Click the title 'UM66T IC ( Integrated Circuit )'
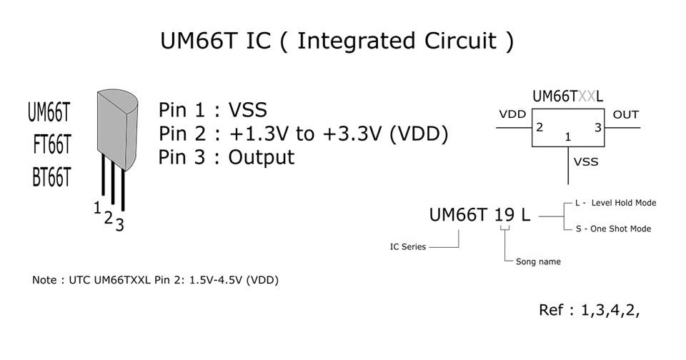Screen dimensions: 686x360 (336, 41)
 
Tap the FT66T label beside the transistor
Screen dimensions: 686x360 (51, 145)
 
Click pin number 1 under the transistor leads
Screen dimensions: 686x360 (96, 208)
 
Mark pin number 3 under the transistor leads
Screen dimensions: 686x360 (119, 225)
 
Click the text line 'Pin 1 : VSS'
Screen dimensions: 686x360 (212, 110)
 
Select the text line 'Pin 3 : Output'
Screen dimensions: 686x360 (226, 157)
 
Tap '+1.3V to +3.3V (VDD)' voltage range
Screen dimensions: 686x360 (338, 134)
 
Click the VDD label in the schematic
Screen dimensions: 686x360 (512, 114)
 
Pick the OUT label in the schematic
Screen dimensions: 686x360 (626, 114)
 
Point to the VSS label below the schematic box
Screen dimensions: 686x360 (586, 162)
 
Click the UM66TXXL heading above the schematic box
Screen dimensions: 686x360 (567, 96)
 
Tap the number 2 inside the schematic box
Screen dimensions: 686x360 (540, 128)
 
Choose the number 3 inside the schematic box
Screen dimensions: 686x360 (598, 128)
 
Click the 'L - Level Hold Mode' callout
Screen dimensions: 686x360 (615, 203)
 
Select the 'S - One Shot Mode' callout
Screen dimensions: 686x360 (613, 229)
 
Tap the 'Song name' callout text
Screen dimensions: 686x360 (538, 261)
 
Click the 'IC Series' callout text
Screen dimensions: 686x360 (408, 247)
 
